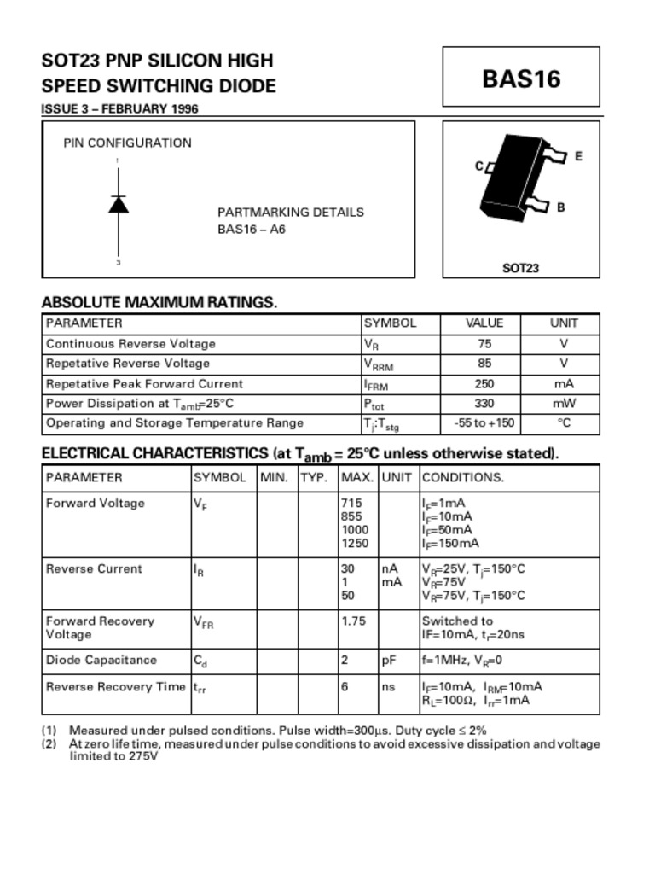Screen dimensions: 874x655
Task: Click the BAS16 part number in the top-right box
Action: tap(521, 79)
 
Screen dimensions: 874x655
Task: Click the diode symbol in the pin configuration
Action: tap(119, 204)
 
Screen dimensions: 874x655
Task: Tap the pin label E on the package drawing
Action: tap(578, 156)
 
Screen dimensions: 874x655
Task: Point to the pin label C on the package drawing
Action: tap(478, 166)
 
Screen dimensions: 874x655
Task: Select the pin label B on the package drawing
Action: tap(560, 207)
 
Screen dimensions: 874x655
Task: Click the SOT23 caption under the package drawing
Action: tap(520, 268)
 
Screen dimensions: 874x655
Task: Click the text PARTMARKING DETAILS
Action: tap(290, 212)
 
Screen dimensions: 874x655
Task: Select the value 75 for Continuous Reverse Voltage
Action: tap(484, 343)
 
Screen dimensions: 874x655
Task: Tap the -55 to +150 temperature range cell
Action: tap(484, 422)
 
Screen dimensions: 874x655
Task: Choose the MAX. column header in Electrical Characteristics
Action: tap(357, 477)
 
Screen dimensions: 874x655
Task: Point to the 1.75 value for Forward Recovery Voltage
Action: tap(353, 621)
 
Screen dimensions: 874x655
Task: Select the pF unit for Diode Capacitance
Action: tap(388, 660)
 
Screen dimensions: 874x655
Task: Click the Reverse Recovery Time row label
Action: tap(115, 686)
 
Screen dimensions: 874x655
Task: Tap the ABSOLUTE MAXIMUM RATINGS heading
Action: tap(159, 302)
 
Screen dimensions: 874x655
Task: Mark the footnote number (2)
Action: tap(49, 743)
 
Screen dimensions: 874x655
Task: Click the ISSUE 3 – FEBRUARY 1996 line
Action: tap(120, 109)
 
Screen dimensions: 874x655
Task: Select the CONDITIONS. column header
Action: tap(463, 477)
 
